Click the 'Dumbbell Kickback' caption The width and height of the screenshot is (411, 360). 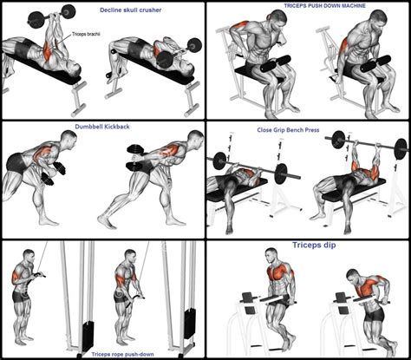point(101,127)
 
